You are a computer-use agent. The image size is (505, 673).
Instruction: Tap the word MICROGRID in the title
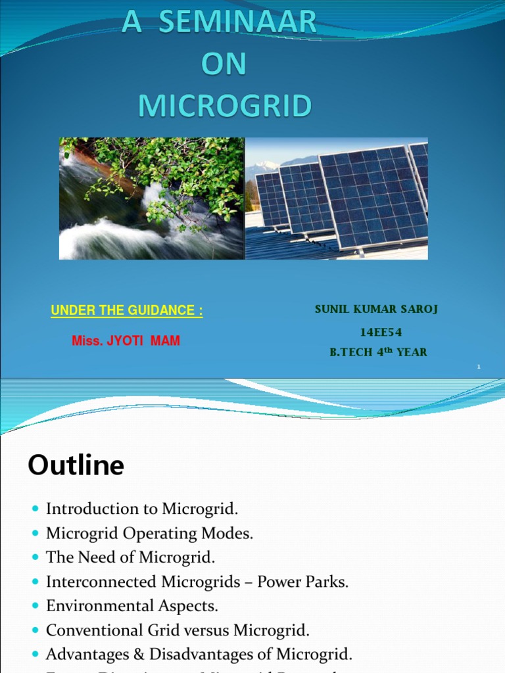225,105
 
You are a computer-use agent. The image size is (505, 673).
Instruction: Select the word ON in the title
224,64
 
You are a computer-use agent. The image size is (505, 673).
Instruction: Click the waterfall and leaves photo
152,198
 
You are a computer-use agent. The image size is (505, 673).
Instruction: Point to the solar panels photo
337,198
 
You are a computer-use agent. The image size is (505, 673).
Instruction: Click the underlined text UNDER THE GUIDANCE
127,311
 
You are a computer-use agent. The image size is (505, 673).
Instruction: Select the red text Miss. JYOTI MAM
126,341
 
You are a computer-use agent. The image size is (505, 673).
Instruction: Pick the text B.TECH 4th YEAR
378,352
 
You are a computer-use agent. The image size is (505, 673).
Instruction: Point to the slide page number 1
479,367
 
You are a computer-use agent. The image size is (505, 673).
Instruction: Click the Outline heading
76,465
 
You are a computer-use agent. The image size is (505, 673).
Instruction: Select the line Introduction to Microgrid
142,508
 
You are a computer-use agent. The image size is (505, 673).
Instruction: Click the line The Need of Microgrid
130,557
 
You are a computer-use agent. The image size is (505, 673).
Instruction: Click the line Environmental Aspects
132,606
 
